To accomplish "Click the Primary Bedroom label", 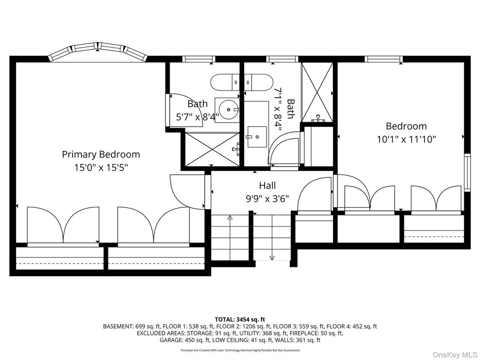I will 101,154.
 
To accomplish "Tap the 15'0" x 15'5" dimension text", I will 101,168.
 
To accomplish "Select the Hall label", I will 267,185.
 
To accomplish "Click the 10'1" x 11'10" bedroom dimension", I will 406,139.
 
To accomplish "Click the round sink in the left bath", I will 229,109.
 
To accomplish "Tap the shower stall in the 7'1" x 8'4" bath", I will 317,92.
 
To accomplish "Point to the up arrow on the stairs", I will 230,219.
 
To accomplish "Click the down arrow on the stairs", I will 272,257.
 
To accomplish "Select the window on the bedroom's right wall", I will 467,172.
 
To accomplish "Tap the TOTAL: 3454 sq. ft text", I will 240,319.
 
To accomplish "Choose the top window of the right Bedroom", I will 383,59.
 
